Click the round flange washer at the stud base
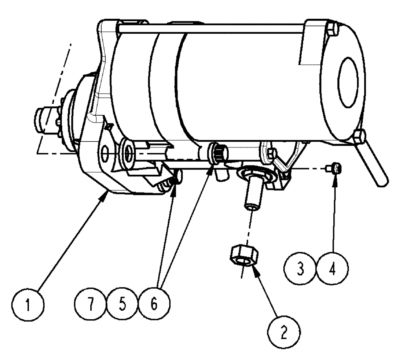point(254,174)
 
